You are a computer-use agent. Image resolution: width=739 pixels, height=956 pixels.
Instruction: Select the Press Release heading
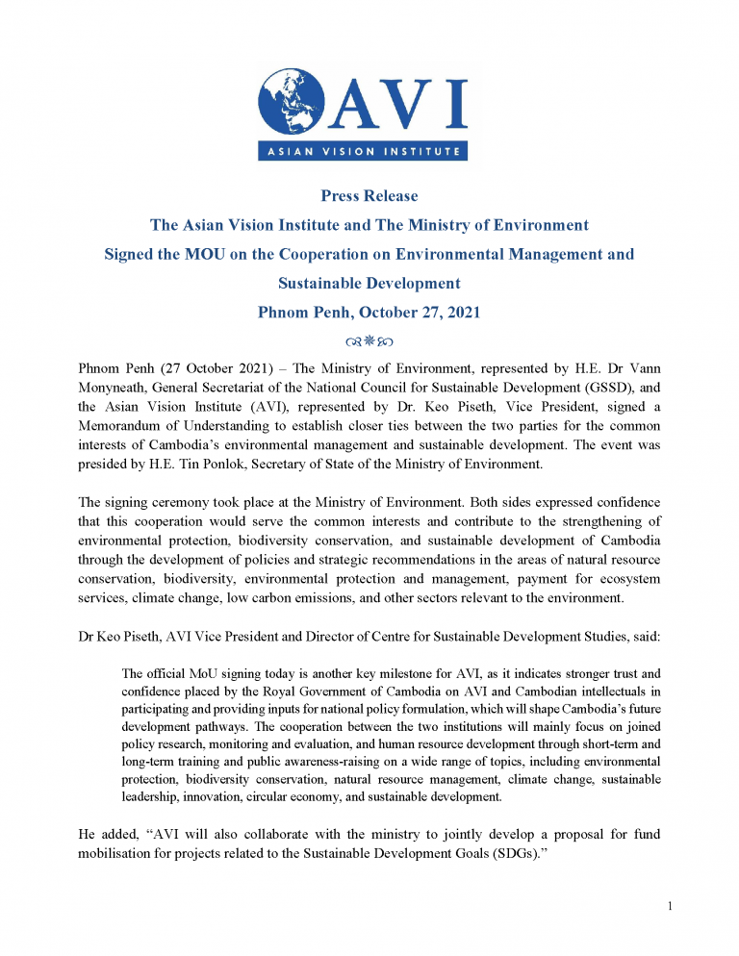point(369,196)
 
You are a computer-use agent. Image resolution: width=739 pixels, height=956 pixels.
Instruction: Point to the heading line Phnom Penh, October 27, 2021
point(369,313)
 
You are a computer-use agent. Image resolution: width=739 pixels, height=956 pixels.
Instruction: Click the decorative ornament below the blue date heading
point(369,341)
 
